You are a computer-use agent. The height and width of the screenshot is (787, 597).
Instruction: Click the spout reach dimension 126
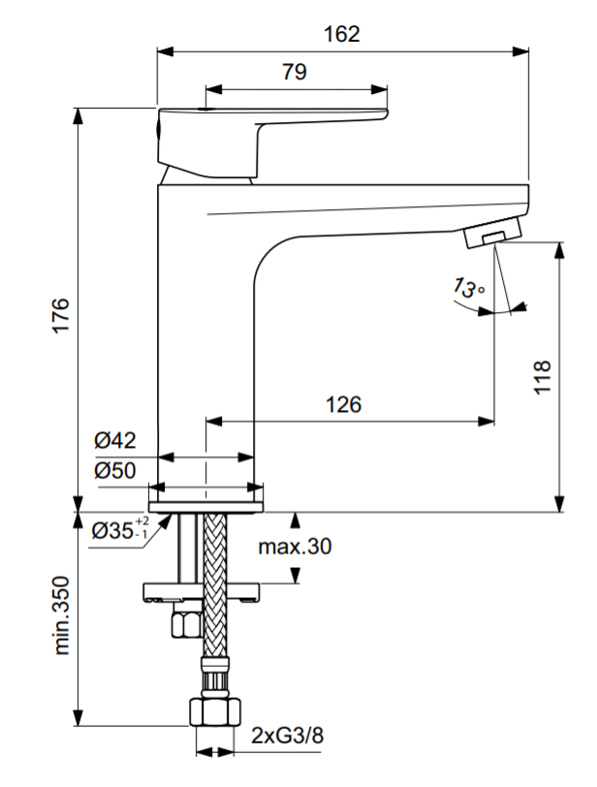click(x=343, y=404)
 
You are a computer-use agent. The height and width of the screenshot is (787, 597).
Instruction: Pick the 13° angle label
click(x=466, y=288)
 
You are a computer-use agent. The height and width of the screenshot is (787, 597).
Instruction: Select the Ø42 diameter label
click(x=115, y=440)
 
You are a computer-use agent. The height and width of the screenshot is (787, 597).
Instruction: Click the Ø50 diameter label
click(x=115, y=471)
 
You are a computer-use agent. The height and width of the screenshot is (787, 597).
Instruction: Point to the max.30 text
click(x=295, y=547)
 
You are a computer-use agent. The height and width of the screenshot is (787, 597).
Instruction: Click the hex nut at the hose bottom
click(x=214, y=715)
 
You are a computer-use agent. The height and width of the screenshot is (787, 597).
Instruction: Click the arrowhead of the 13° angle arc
click(x=521, y=307)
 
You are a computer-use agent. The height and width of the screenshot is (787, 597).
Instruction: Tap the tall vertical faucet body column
click(x=205, y=368)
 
